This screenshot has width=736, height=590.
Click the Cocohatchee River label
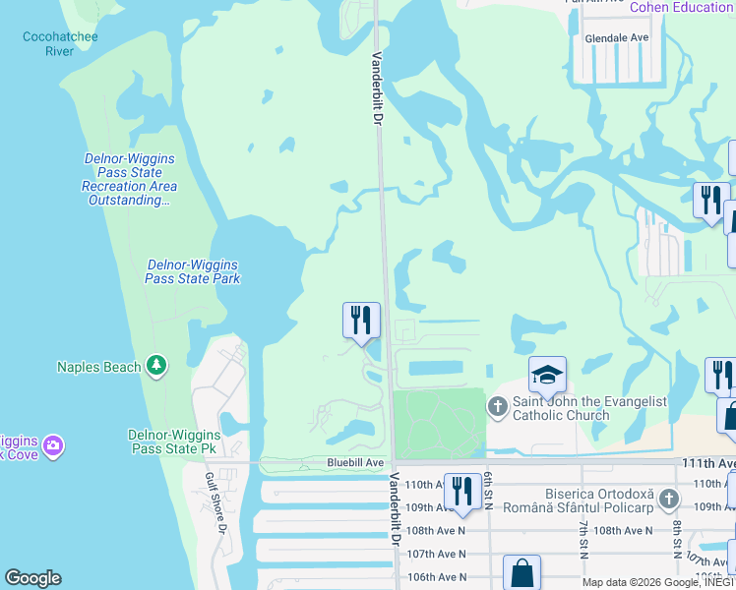click(x=60, y=44)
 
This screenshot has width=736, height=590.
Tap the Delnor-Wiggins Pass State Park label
click(x=193, y=271)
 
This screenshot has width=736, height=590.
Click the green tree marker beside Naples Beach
click(x=155, y=366)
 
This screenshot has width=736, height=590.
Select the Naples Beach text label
click(x=98, y=367)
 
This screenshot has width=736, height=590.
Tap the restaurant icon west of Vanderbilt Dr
click(x=361, y=321)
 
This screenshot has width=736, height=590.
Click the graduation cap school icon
click(x=547, y=374)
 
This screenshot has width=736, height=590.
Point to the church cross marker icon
click(x=498, y=405)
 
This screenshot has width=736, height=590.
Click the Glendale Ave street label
click(x=617, y=37)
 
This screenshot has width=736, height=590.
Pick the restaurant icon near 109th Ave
click(x=461, y=491)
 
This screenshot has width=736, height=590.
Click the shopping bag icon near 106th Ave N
click(x=521, y=572)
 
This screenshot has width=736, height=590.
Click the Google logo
click(x=33, y=578)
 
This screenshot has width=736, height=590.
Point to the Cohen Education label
click(x=681, y=7)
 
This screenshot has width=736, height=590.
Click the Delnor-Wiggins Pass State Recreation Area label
click(x=129, y=180)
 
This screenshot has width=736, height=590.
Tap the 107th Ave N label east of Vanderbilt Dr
click(x=437, y=554)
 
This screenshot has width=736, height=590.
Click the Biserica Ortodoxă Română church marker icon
click(x=669, y=499)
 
